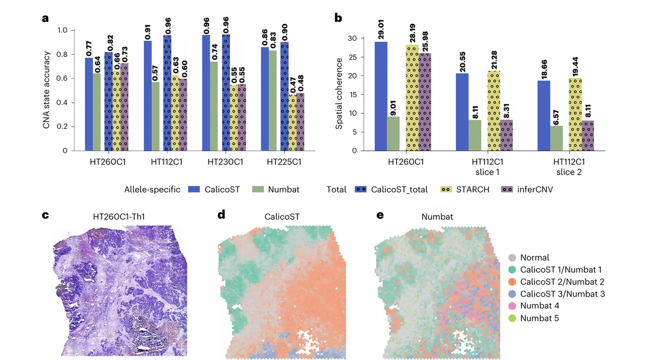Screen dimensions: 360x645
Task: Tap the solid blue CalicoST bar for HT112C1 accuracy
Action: click(147, 96)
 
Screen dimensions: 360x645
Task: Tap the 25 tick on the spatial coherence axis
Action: click(353, 57)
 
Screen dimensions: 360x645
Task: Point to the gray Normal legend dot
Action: click(512, 258)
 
